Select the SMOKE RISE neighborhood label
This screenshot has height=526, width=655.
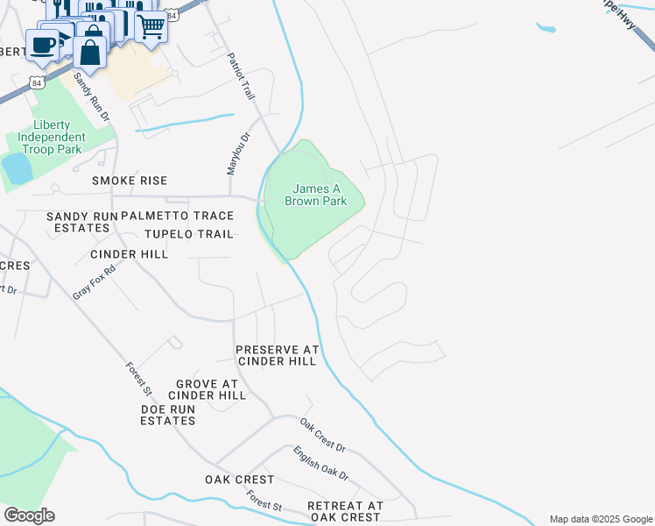click(x=130, y=181)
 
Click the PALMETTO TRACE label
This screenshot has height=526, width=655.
click(x=178, y=216)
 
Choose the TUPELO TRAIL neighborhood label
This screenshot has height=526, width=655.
click(x=189, y=234)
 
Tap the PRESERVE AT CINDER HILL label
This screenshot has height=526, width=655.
click(x=277, y=355)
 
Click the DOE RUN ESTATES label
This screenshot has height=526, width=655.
click(x=168, y=415)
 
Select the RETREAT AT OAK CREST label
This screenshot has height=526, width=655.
click(x=345, y=512)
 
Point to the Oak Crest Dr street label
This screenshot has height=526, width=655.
click(x=323, y=435)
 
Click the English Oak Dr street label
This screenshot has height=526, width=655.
click(x=321, y=464)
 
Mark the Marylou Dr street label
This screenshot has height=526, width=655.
click(x=233, y=153)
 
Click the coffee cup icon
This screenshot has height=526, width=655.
click(x=41, y=44)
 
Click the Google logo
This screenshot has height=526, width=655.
click(x=29, y=515)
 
